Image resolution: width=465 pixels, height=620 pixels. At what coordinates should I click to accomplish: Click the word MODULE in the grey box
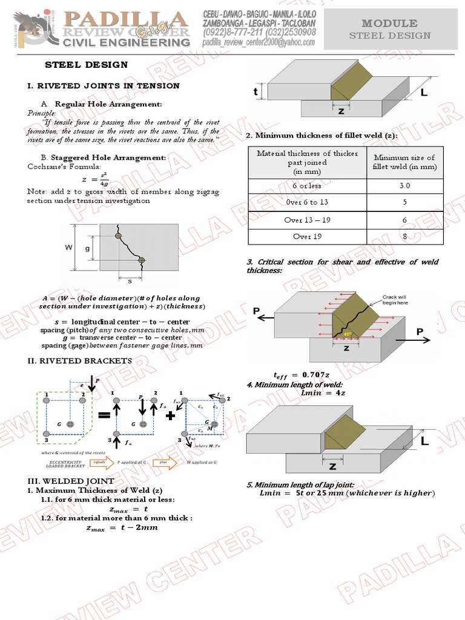[x=389, y=23]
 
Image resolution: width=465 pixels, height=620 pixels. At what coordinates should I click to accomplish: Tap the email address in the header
[x=259, y=42]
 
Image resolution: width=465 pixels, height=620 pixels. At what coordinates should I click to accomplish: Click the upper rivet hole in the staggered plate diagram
[x=119, y=235]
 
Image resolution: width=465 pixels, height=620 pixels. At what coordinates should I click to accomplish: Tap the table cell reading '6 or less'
[x=307, y=186]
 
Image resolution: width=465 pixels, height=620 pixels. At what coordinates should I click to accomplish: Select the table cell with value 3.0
[x=404, y=186]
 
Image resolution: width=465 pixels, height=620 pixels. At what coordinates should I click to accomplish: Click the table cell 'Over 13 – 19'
[x=307, y=220]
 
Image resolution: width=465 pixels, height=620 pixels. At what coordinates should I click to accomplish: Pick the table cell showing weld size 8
[x=404, y=236]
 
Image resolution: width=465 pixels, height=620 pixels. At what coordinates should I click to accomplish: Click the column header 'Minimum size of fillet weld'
[x=404, y=162]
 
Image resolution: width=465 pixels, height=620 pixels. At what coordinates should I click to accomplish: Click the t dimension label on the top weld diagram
[x=256, y=92]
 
